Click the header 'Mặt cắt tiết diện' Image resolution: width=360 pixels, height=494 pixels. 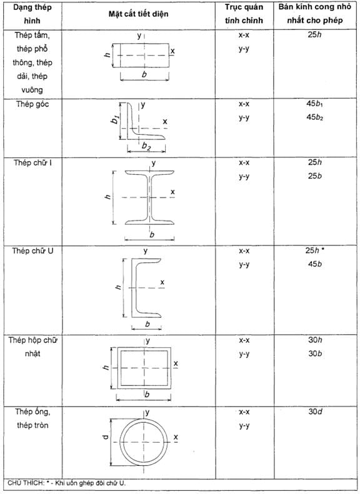pyautogui.click(x=138, y=14)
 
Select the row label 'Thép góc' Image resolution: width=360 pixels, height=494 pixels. pyautogui.click(x=32, y=104)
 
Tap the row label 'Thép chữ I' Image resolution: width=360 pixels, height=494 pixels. pyautogui.click(x=32, y=162)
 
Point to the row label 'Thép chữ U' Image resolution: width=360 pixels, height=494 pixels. pyautogui.click(x=32, y=251)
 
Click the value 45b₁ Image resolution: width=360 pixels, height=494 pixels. pyautogui.click(x=315, y=104)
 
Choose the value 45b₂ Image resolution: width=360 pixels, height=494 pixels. pyautogui.click(x=315, y=117)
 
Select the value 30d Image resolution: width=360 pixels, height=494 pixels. pyautogui.click(x=315, y=412)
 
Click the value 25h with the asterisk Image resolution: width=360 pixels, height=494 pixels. pyautogui.click(x=315, y=250)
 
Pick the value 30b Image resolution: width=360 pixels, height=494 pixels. pyautogui.click(x=315, y=353)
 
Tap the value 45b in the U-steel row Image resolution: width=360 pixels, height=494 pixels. pyautogui.click(x=315, y=264)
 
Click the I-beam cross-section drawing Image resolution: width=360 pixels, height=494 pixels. pyautogui.click(x=150, y=197)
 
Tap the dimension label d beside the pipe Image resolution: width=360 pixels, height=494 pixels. pyautogui.click(x=106, y=437)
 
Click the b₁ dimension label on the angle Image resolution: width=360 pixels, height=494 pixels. pyautogui.click(x=116, y=119)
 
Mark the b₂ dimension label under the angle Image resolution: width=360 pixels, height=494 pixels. pyautogui.click(x=146, y=146)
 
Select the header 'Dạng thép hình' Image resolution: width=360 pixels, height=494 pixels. pyautogui.click(x=32, y=14)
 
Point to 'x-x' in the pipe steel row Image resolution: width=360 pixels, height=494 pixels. pyautogui.click(x=244, y=412)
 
